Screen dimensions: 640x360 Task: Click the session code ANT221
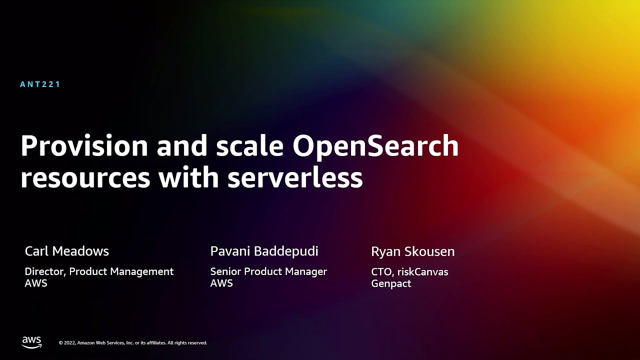tap(40, 84)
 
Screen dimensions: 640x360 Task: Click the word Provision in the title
tap(84, 145)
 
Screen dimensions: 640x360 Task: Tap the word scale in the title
tap(249, 145)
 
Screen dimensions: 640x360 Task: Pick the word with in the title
tap(189, 176)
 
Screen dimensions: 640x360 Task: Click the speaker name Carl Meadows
tap(67, 251)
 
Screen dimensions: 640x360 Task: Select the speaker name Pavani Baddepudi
tap(264, 251)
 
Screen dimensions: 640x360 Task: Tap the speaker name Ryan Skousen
tap(413, 251)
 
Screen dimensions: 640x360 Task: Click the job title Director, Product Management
tap(99, 271)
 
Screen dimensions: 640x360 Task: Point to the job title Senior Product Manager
tap(268, 271)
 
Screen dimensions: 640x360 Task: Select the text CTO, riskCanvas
tap(409, 272)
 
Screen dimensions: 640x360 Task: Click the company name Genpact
tap(391, 283)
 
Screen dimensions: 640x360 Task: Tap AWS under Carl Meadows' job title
tap(36, 283)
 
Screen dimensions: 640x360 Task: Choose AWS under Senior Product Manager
tap(221, 283)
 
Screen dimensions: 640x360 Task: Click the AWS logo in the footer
tap(31, 342)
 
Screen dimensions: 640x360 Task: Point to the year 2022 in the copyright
tap(69, 343)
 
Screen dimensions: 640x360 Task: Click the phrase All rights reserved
tap(187, 343)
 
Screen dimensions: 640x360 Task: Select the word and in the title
tap(181, 145)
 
